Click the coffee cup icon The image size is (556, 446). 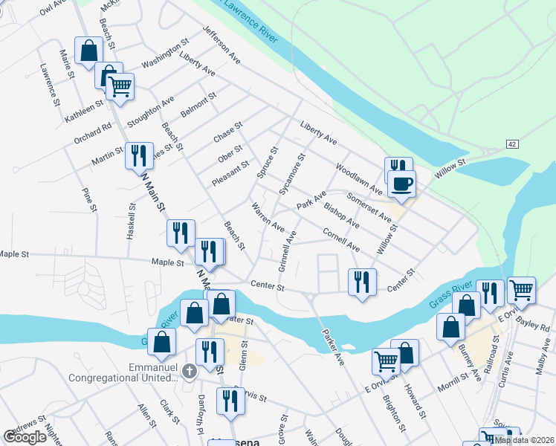(401, 184)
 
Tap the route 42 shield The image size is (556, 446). (513, 143)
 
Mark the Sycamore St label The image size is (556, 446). (292, 174)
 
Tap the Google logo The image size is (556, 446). (25, 437)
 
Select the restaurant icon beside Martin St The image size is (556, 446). (139, 155)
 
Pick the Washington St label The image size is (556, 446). (165, 55)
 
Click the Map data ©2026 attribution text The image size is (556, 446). (523, 439)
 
